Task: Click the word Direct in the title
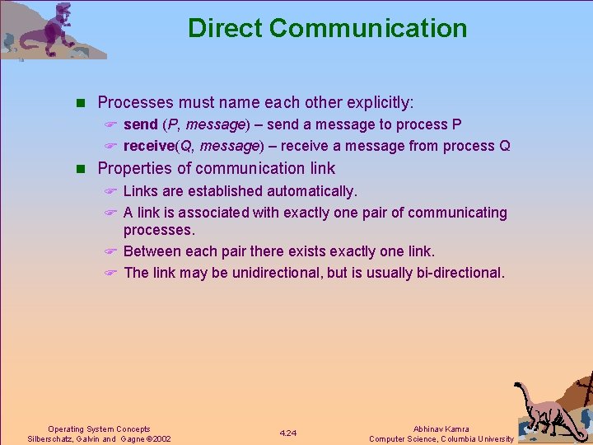(x=225, y=28)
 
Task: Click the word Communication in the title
(x=368, y=28)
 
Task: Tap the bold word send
(x=140, y=124)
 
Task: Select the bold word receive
(x=148, y=147)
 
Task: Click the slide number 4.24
(x=288, y=433)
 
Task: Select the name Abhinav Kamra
(x=442, y=429)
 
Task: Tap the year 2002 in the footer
(x=158, y=439)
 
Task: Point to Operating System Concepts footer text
(x=99, y=429)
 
